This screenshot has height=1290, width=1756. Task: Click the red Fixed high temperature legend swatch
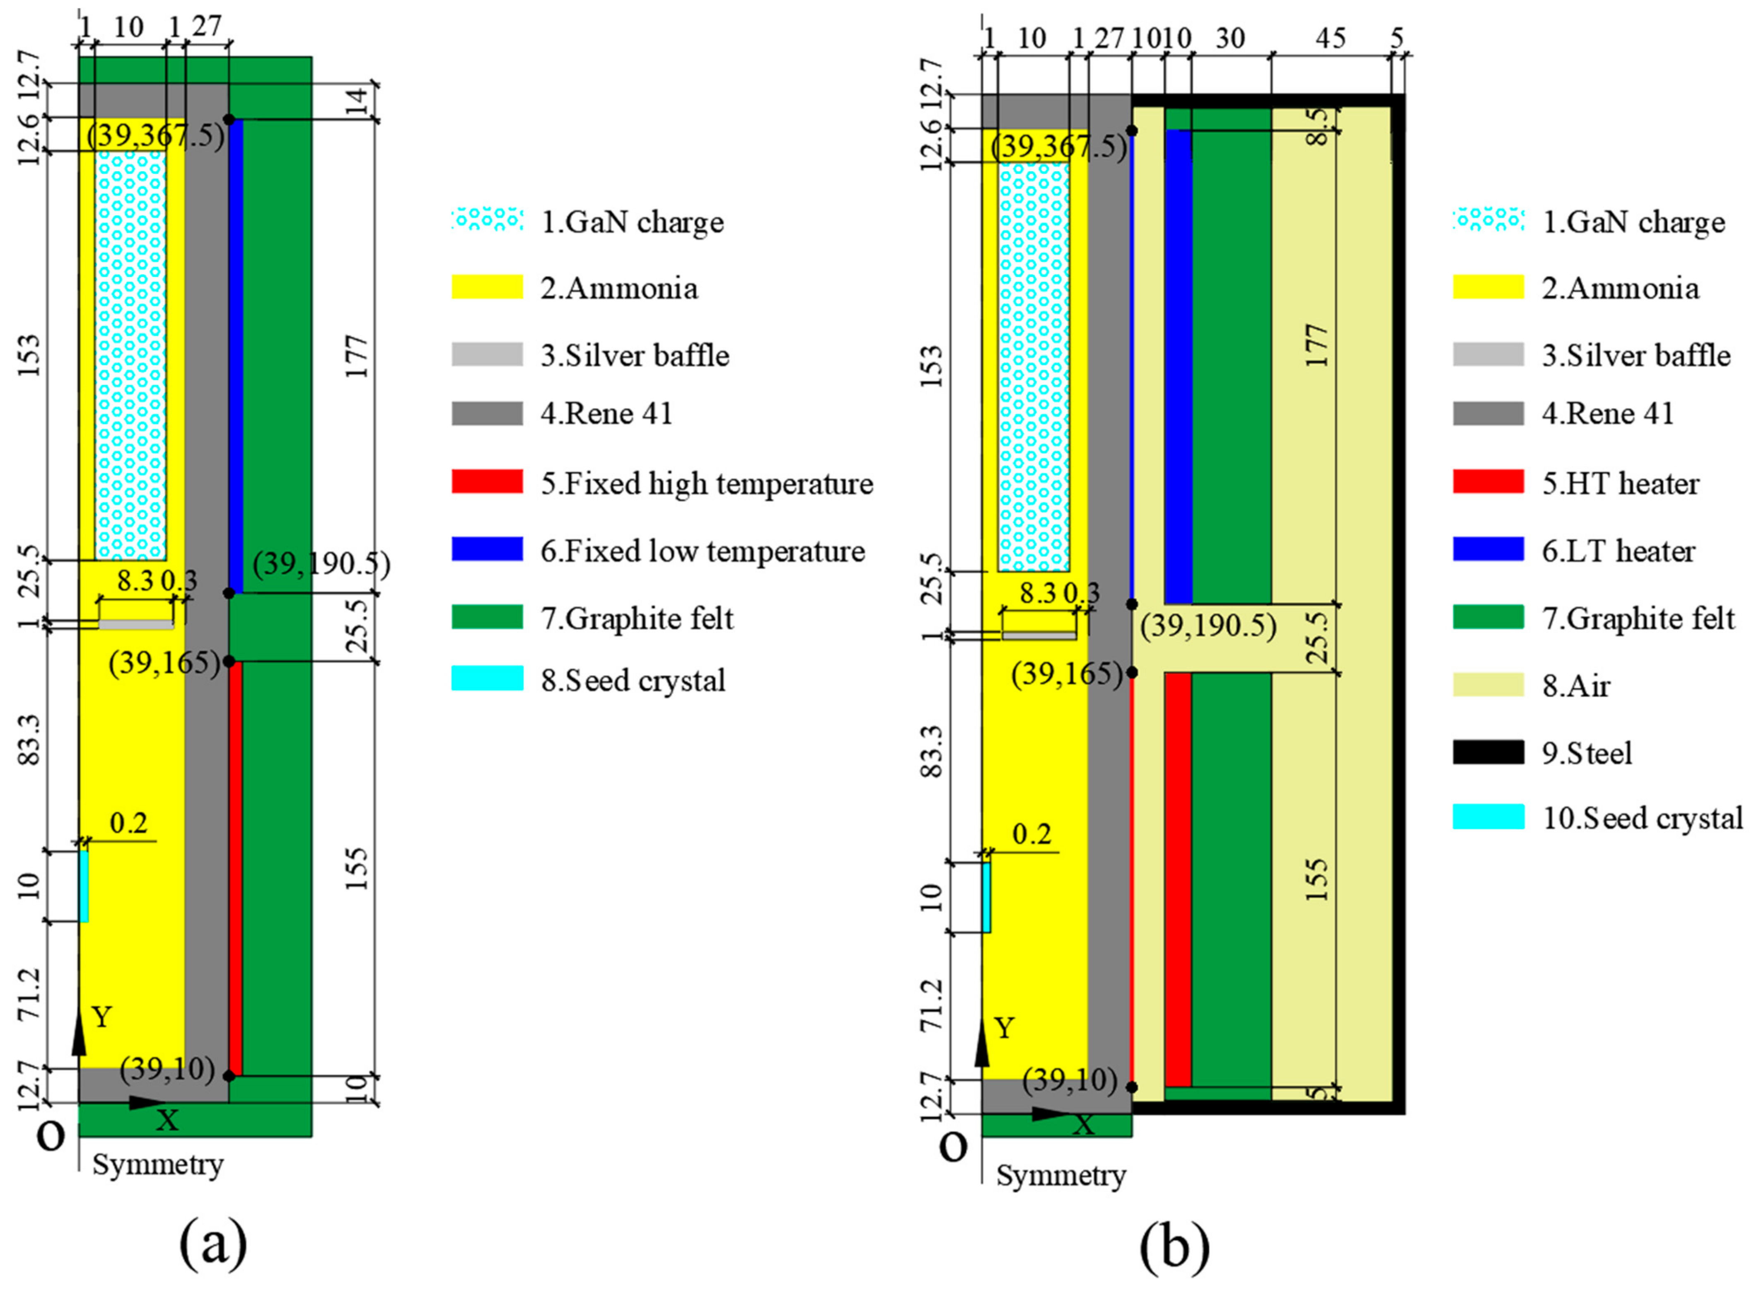pyautogui.click(x=486, y=482)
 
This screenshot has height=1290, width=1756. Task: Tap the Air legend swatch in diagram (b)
pyautogui.click(x=1488, y=685)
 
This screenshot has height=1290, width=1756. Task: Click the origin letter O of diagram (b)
pyautogui.click(x=953, y=1148)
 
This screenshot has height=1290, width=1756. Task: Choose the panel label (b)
pyautogui.click(x=1174, y=1246)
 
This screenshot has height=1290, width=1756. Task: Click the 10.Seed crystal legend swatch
pyautogui.click(x=1488, y=817)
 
